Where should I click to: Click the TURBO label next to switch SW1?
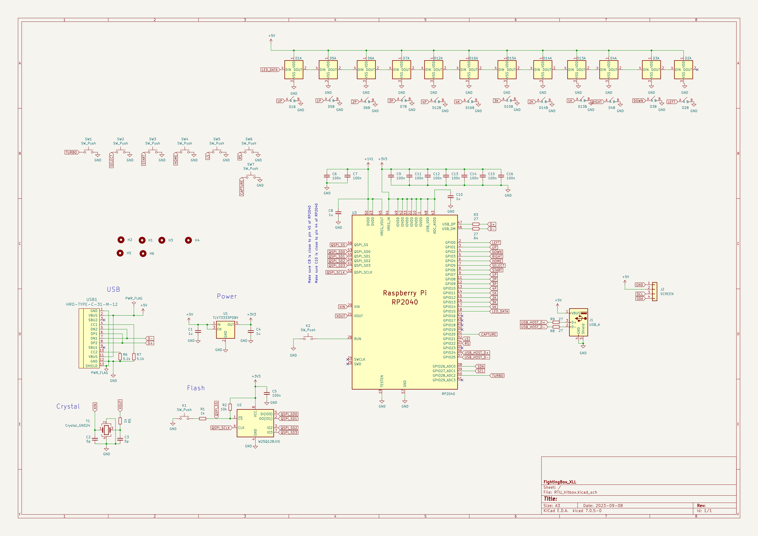[x=71, y=152]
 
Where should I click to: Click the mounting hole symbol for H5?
[x=120, y=253]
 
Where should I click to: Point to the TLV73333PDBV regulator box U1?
[x=225, y=330]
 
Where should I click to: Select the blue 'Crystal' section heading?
[x=68, y=406]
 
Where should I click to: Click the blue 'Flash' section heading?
[x=196, y=388]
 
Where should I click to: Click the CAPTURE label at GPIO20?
[x=488, y=334]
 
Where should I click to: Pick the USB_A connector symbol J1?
[x=578, y=322]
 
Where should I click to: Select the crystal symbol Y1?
[x=106, y=430]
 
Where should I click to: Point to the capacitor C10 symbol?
[x=451, y=197]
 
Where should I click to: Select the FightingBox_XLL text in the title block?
[x=560, y=482]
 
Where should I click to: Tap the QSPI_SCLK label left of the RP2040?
[x=336, y=273]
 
